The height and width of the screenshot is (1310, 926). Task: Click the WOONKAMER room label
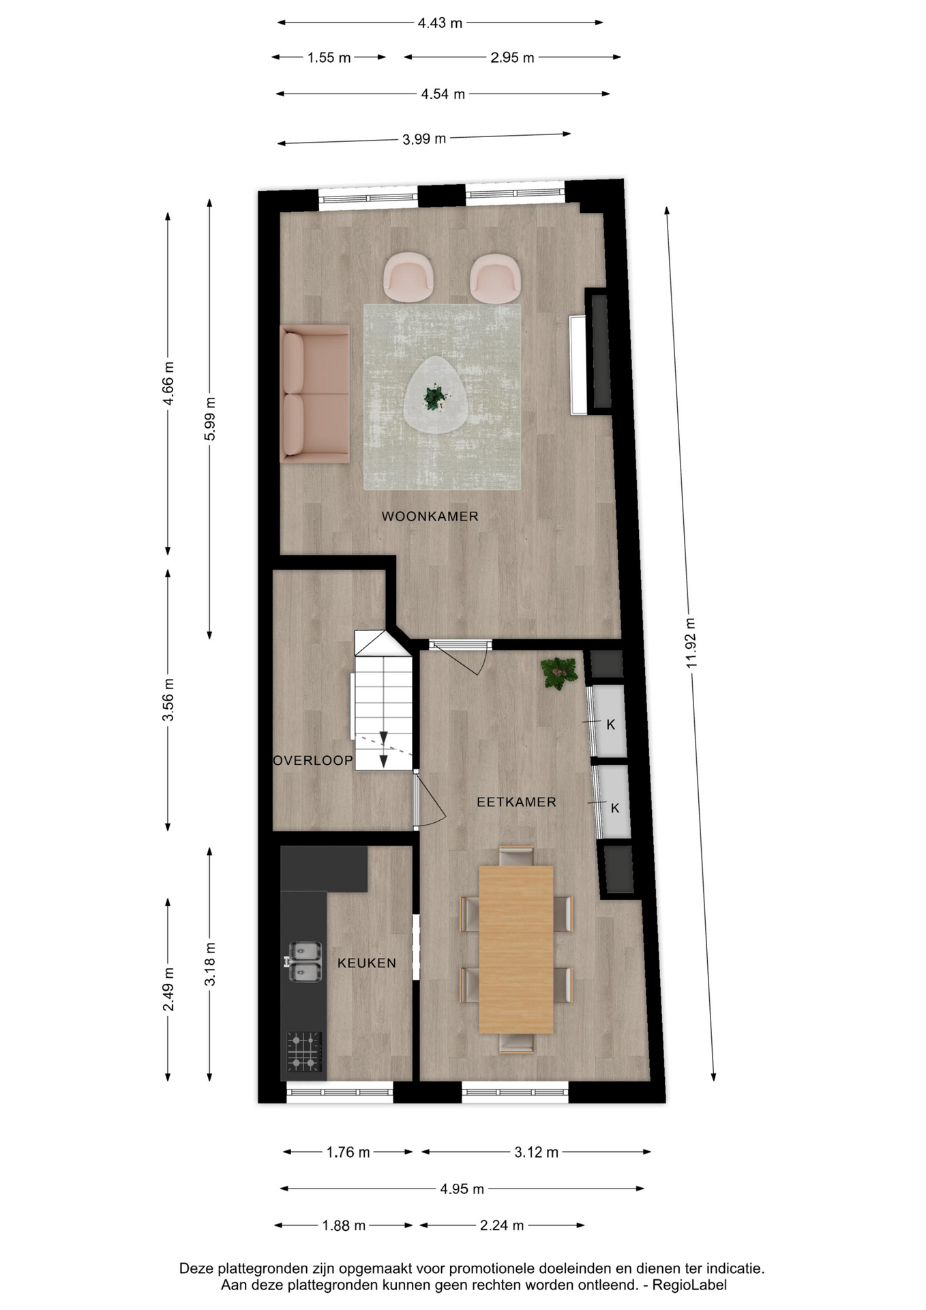point(430,516)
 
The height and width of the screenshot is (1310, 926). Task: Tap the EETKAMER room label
point(516,802)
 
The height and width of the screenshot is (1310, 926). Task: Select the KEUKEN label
point(367,963)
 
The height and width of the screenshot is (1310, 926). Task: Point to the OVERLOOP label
point(313,761)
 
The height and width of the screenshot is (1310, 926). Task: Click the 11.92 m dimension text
point(691,643)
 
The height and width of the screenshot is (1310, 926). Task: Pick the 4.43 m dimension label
point(440,23)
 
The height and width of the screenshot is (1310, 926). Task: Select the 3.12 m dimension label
point(536,1152)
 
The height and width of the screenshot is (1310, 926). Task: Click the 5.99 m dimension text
point(210,418)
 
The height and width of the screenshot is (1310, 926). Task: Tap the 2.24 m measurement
point(502,1225)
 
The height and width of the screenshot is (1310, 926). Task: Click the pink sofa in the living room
point(315,394)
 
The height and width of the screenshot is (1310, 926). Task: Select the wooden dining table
point(516,949)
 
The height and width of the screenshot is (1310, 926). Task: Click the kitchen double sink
point(304,962)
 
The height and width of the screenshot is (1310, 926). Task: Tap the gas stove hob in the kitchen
point(304,1051)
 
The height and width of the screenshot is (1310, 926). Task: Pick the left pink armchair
point(408,278)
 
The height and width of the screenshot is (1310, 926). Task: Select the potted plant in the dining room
point(559,673)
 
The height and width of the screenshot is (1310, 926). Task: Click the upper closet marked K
point(608,722)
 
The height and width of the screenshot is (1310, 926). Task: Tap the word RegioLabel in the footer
point(689,1285)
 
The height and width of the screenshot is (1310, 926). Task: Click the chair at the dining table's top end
point(516,856)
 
